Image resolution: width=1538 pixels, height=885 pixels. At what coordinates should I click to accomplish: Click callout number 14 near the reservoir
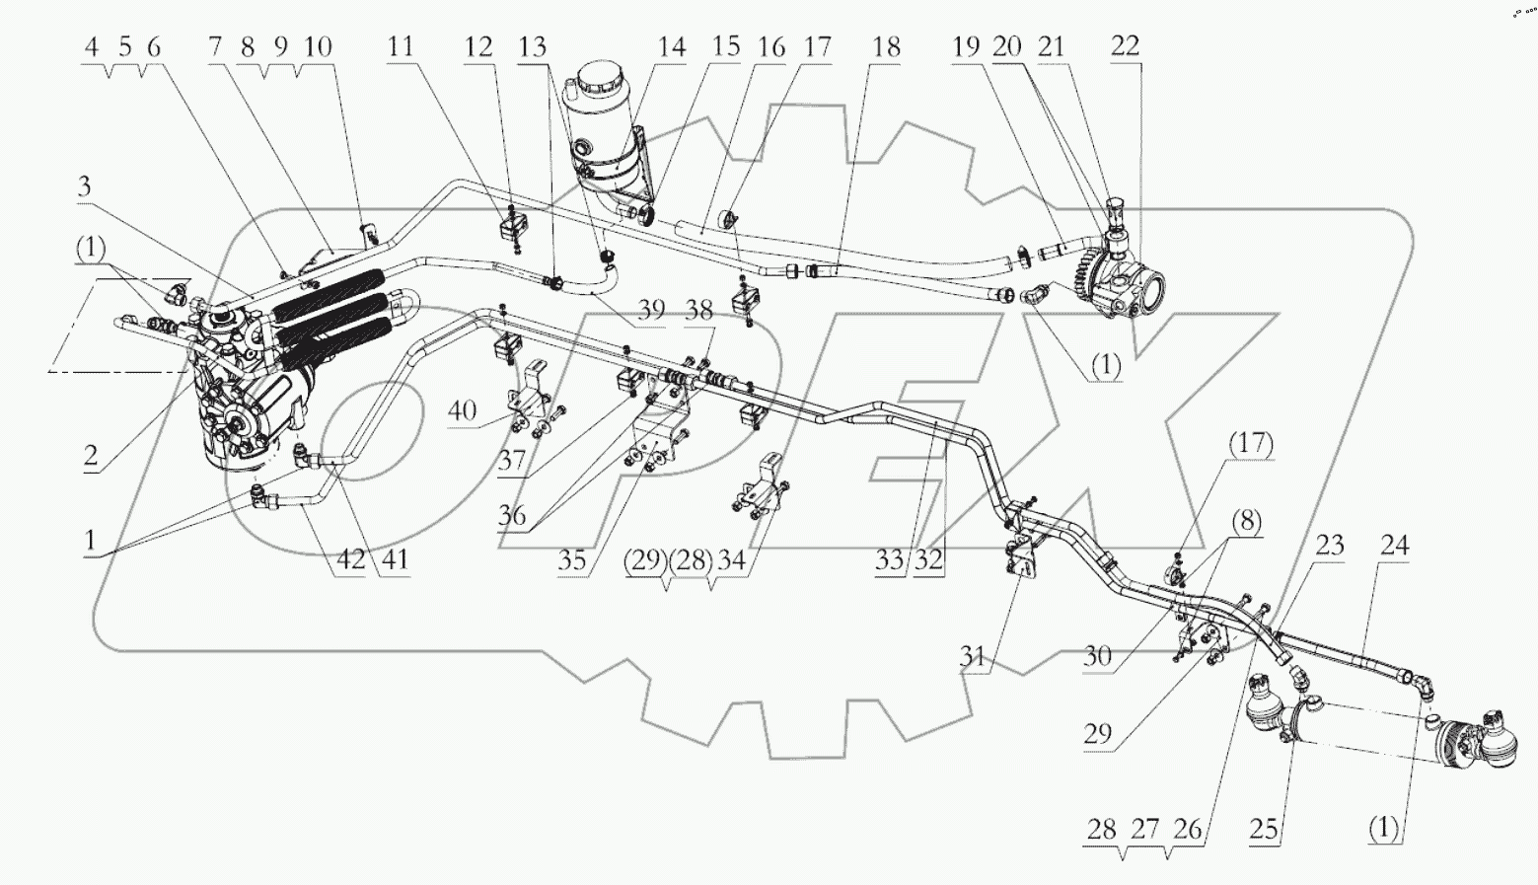pyautogui.click(x=673, y=46)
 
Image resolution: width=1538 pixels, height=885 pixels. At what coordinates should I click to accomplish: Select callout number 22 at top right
pyautogui.click(x=1125, y=46)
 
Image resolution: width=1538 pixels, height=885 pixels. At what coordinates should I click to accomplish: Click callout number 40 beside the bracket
pyautogui.click(x=463, y=410)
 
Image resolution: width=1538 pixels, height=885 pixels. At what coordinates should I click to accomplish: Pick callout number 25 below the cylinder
pyautogui.click(x=1264, y=830)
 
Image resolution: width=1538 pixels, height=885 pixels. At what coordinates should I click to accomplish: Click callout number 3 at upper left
pyautogui.click(x=86, y=187)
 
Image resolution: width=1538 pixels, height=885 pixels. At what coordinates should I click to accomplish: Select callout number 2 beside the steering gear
pyautogui.click(x=91, y=456)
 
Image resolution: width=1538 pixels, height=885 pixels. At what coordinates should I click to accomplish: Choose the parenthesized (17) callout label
pyautogui.click(x=1251, y=445)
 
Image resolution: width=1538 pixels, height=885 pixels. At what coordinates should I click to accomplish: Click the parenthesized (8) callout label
pyautogui.click(x=1246, y=520)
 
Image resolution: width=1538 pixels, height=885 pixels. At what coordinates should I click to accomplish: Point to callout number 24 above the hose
pyautogui.click(x=1394, y=546)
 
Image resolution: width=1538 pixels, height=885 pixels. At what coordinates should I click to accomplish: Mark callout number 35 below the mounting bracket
pyautogui.click(x=571, y=561)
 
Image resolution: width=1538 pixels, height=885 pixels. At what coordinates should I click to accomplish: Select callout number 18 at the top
pyautogui.click(x=886, y=46)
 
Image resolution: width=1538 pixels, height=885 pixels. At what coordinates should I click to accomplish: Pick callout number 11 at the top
pyautogui.click(x=401, y=46)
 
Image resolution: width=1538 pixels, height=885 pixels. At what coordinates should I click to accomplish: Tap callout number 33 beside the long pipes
pyautogui.click(x=889, y=560)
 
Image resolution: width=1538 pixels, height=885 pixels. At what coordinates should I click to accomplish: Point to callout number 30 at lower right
pyautogui.click(x=1098, y=655)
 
